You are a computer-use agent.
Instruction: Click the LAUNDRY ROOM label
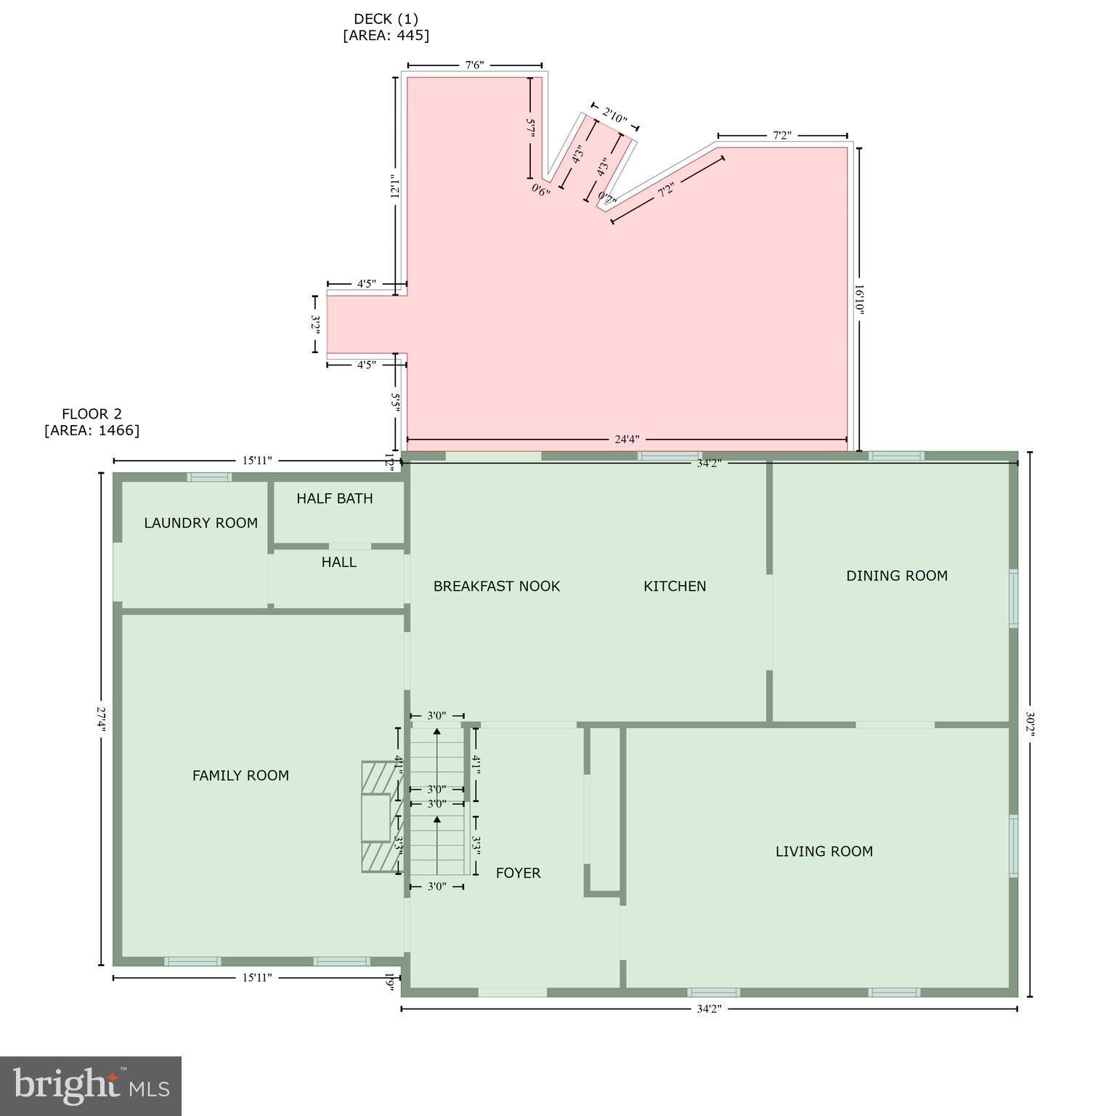pos(200,523)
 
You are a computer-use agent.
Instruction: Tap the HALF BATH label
pos(334,498)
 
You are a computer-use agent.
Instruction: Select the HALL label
pos(338,562)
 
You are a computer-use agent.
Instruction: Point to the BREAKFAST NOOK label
pos(497,586)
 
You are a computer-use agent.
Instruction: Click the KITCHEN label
pos(675,586)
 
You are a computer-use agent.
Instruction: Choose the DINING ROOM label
pos(896,576)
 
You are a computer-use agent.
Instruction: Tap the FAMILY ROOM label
pos(240,776)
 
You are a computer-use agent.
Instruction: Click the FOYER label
pos(518,873)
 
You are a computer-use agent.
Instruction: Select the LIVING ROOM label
pos(824,852)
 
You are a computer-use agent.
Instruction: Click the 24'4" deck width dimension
pos(627,440)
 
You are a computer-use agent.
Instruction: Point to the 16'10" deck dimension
pos(859,298)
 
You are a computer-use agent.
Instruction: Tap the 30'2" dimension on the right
pos(1030,724)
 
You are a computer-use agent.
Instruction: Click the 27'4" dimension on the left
pos(102,719)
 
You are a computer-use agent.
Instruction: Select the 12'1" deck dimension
pos(395,187)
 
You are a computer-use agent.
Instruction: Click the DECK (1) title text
pos(386,19)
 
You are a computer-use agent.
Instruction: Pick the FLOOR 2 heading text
pos(92,414)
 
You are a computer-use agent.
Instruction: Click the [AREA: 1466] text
pos(92,430)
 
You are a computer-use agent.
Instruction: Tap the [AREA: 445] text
pos(386,35)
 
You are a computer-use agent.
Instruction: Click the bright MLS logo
pos(91,1085)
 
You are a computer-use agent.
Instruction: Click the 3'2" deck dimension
pos(316,323)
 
